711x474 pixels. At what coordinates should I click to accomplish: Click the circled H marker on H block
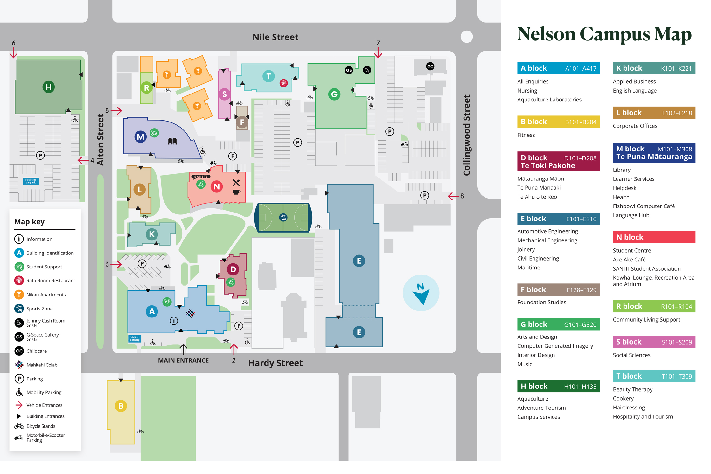coord(48,87)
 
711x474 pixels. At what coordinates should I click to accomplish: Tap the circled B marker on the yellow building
coord(121,406)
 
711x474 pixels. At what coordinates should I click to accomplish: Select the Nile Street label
coord(275,37)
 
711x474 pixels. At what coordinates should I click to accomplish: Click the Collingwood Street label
coord(466,135)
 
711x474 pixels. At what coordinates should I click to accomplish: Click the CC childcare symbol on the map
coord(430,66)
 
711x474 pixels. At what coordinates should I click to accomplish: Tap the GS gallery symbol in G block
coord(349,70)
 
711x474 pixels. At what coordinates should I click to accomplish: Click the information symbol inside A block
coord(174,321)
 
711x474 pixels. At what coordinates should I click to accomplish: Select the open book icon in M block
coord(172,141)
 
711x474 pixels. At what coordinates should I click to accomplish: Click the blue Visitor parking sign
coord(134,338)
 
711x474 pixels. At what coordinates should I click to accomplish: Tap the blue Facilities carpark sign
coord(31,181)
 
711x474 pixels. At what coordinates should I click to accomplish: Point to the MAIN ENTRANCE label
coord(183,360)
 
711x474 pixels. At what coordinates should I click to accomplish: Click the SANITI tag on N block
coord(201,177)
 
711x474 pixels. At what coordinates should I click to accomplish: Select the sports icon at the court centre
coord(283,217)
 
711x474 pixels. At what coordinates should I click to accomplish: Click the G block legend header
coord(558,324)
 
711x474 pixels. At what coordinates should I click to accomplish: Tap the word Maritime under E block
coord(528,268)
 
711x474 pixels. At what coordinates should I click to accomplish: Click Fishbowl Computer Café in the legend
coord(644,206)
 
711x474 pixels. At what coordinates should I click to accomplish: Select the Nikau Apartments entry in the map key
coord(46,295)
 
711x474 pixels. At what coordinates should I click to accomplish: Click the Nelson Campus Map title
coord(604,34)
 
